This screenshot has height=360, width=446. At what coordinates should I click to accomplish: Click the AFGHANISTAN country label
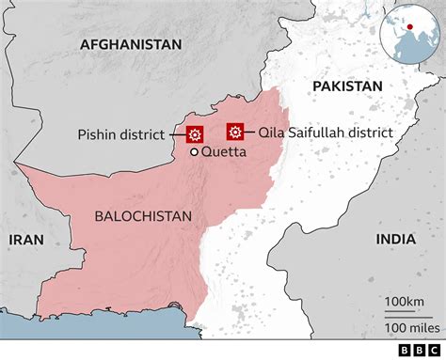[131, 44]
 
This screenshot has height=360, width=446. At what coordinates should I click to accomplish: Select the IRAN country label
[27, 240]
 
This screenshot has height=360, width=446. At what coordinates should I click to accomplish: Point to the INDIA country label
[396, 240]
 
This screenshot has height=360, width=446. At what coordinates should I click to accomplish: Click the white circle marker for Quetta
[195, 152]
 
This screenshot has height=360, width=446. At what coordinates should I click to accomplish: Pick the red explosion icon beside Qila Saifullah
[235, 133]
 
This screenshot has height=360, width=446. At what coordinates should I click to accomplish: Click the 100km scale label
[403, 301]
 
